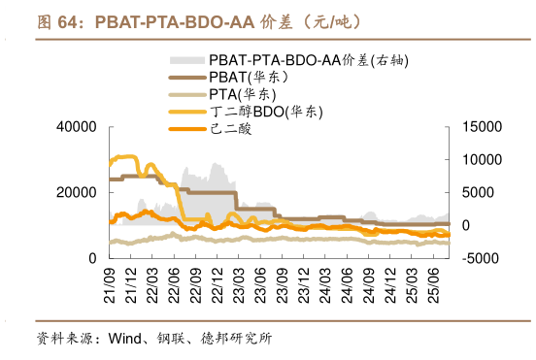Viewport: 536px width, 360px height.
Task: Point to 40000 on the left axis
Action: point(77,127)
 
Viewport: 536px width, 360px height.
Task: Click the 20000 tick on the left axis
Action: point(77,192)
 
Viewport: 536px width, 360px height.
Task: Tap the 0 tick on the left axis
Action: point(91,258)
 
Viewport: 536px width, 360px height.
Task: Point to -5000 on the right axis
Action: point(477,258)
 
